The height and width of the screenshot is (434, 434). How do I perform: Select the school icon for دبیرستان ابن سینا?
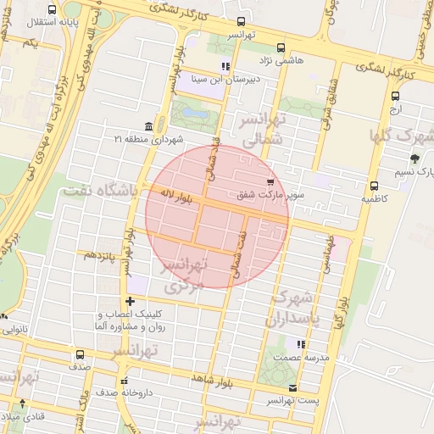coord(225,65)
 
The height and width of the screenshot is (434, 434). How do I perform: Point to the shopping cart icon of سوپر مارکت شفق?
coord(270,182)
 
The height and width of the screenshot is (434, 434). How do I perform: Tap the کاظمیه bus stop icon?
coord(373,186)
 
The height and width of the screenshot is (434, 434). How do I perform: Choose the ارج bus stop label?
coord(396,109)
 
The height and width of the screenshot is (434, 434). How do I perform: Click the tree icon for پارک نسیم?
coord(414,159)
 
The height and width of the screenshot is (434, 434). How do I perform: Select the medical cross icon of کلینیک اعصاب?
coord(129,301)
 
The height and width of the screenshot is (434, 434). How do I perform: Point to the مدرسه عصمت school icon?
coord(300,344)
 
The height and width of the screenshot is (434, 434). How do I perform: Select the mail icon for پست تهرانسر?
coord(292,388)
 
